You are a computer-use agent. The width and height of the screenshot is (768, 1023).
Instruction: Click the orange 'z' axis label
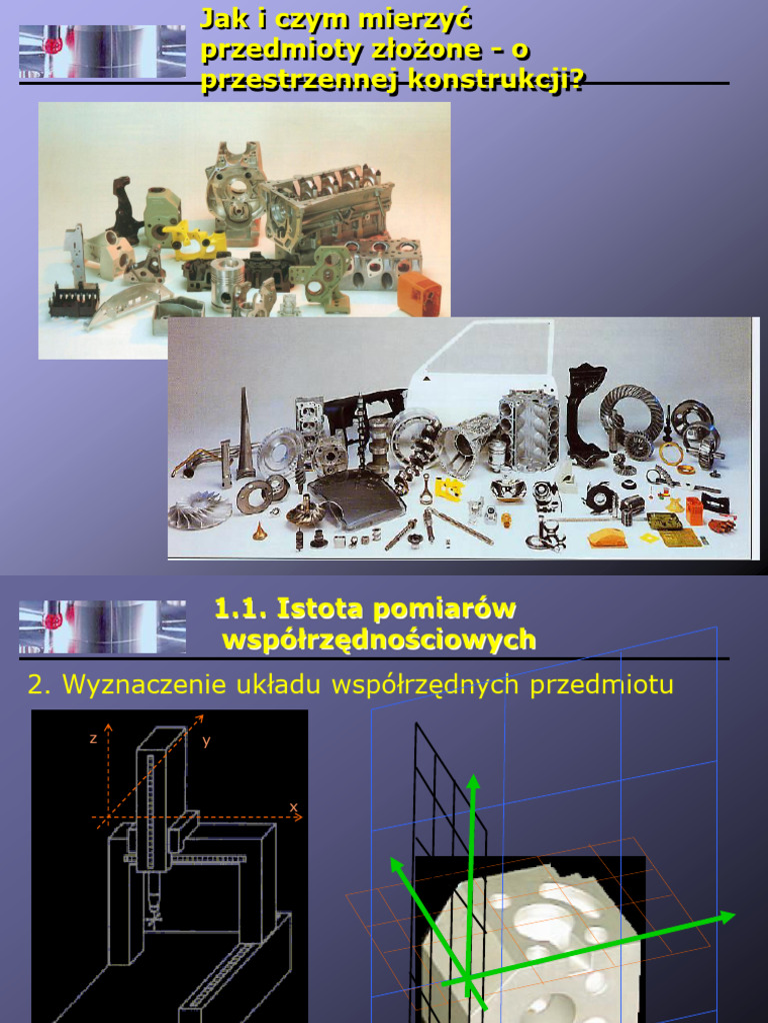click(93, 738)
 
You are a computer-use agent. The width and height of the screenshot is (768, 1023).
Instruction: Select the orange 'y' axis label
click(206, 740)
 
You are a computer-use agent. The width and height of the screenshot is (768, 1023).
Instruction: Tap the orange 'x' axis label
click(293, 805)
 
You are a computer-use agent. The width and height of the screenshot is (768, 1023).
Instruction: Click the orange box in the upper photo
click(418, 293)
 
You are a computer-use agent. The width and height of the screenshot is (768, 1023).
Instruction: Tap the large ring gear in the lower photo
click(631, 415)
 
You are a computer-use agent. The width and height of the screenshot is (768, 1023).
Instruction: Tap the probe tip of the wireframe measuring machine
click(153, 917)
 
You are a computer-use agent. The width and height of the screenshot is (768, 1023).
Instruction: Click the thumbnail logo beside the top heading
click(102, 52)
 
